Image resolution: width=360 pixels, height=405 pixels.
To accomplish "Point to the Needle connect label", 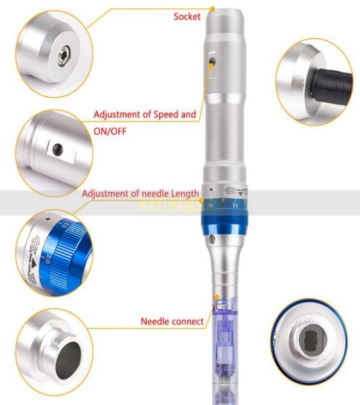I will (x=172, y=322).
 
